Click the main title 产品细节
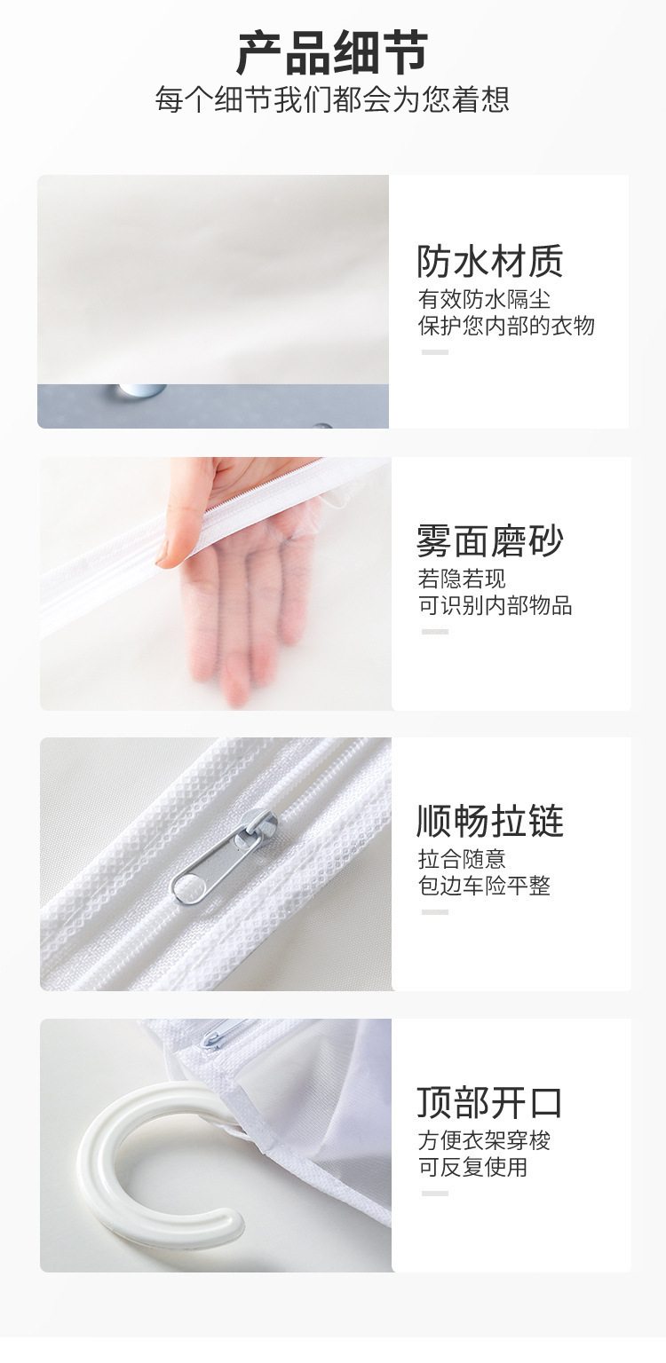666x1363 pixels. coord(332,53)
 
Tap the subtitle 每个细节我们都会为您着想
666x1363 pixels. coord(332,99)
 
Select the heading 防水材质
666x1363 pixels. coord(490,261)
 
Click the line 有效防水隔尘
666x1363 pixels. coord(484,299)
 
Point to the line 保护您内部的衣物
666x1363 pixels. coord(506,326)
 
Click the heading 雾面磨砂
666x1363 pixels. coord(490,540)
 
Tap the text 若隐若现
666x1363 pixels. coord(462,579)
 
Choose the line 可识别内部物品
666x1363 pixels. coord(495,606)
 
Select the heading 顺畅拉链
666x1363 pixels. coord(490,821)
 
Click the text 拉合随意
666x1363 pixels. coord(462,859)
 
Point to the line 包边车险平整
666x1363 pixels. coord(484,886)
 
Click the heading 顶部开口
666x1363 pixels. coord(490,1102)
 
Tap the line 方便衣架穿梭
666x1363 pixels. coord(484,1140)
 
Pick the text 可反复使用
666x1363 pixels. coord(472,1167)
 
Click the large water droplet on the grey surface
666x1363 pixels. coord(138,390)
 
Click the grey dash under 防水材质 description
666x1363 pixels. coord(434,352)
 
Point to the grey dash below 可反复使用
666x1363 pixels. coord(434,1194)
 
